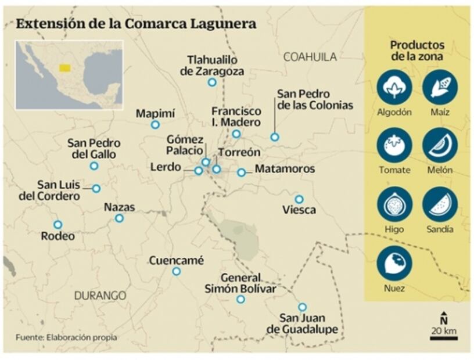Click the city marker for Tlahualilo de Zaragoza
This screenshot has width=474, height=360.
coord(212,82)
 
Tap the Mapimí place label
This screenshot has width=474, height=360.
coord(155,113)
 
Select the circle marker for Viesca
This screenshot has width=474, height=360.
coord(299,199)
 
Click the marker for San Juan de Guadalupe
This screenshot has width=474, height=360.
coord(302,307)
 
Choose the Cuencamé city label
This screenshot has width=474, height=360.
coord(177,261)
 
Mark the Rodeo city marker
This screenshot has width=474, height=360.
coord(58,224)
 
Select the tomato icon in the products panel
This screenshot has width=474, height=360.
coord(394,145)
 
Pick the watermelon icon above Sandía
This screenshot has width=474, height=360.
coord(440,204)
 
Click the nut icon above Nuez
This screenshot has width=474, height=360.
coord(394,264)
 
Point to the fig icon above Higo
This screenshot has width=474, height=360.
coord(394,204)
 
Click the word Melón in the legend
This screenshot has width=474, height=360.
coord(440,170)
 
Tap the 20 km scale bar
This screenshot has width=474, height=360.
coord(444,338)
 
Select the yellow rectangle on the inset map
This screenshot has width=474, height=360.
coord(64,68)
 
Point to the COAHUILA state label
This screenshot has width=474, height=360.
coord(310,57)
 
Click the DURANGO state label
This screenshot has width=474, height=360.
coord(100,296)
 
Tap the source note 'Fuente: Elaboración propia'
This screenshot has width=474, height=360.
coord(66,337)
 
